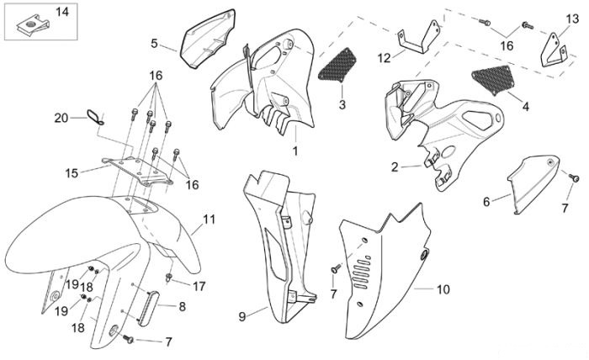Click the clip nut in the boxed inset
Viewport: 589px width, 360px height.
33,24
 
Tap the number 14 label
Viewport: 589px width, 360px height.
62,12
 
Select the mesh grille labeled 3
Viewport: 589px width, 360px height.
337,65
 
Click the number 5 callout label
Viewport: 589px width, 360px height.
154,44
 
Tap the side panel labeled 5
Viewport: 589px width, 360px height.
208,39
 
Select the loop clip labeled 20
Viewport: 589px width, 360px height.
95,117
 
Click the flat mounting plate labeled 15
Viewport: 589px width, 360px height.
138,172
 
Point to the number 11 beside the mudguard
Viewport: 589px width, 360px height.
209,220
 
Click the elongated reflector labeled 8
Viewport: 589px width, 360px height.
148,308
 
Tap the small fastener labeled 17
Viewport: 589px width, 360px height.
169,278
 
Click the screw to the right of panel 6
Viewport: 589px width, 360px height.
575,178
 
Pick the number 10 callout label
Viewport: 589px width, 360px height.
443,289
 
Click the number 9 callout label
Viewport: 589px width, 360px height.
242,317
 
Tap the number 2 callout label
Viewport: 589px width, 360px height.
395,167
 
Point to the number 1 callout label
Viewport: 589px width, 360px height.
295,151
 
